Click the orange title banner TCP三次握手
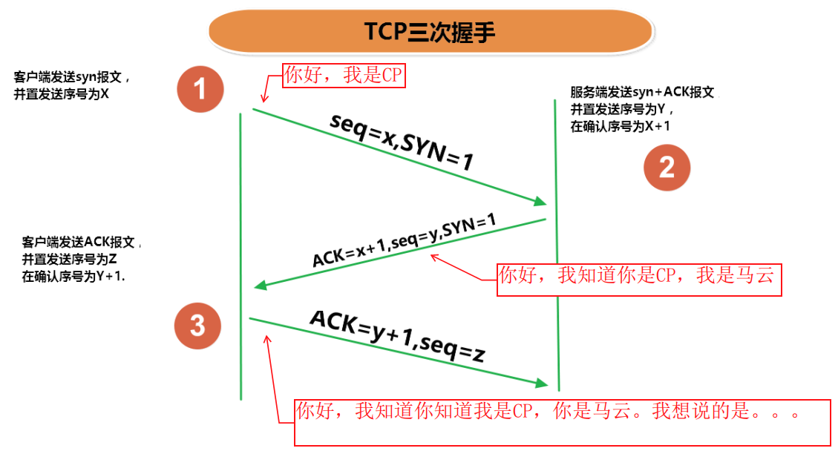pyautogui.click(x=431, y=32)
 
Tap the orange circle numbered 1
pyautogui.click(x=200, y=89)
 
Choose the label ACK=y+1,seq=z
pyautogui.click(x=397, y=337)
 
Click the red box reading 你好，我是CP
pyautogui.click(x=344, y=76)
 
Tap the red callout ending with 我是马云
pyautogui.click(x=638, y=276)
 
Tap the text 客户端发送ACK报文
pyautogui.click(x=81, y=243)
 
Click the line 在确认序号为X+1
pyautogui.click(x=620, y=126)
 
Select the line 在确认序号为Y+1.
pyautogui.click(x=73, y=275)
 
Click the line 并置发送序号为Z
pyautogui.click(x=71, y=259)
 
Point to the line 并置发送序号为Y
pyautogui.click(x=621, y=110)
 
